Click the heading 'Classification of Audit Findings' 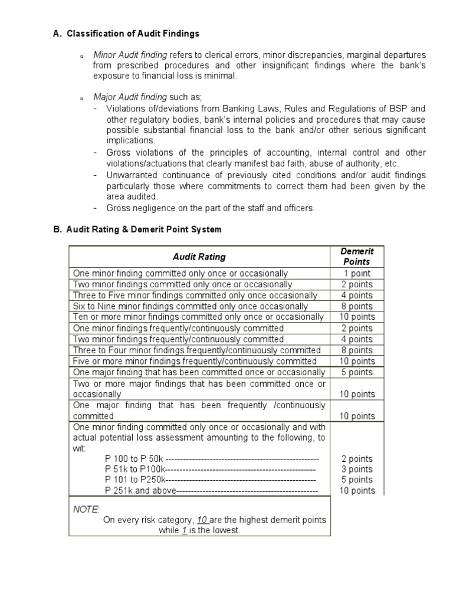tap(133, 34)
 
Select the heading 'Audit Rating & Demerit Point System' tap(144, 229)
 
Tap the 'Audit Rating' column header tap(199, 257)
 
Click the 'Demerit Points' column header tap(357, 257)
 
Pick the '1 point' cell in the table tap(357, 273)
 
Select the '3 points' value tap(357, 469)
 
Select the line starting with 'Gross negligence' tap(211, 208)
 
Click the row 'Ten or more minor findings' tap(198, 317)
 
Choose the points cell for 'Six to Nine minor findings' tap(357, 306)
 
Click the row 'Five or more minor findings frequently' tap(195, 361)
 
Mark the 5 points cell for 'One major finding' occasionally tap(357, 372)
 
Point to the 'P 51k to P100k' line tap(210, 469)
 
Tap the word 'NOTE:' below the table tap(87, 508)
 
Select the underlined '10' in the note tap(203, 520)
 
